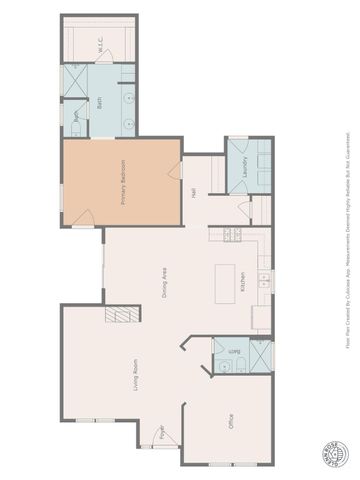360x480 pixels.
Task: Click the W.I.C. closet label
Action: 100,44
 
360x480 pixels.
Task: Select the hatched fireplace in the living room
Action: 122,314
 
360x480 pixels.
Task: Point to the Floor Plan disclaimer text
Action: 348,240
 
